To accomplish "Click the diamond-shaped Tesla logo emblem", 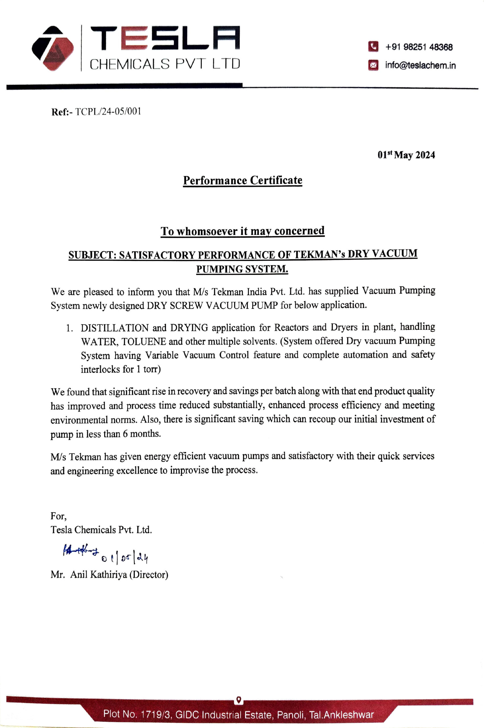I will pyautogui.click(x=53, y=48).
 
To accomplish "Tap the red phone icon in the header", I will pyautogui.click(x=373, y=47).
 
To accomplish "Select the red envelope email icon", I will pyautogui.click(x=373, y=65).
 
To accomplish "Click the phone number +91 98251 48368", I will pyautogui.click(x=419, y=47).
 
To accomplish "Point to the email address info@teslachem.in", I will pyautogui.click(x=420, y=65).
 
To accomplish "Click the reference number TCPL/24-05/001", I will pyautogui.click(x=108, y=111).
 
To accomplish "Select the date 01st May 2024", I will pyautogui.click(x=406, y=155).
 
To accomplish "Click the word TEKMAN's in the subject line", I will pyautogui.click(x=319, y=255).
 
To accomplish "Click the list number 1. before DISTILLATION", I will pyautogui.click(x=69, y=328).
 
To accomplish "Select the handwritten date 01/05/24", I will pyautogui.click(x=125, y=557).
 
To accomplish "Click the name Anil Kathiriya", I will pyautogui.click(x=98, y=574).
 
